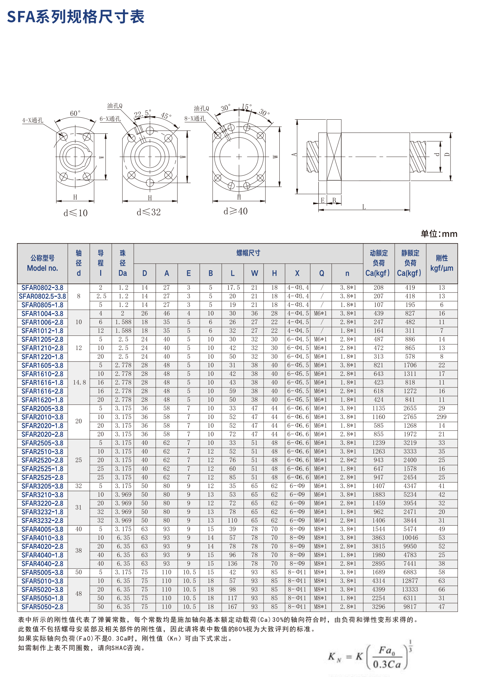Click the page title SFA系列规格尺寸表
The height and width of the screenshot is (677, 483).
pos(76,17)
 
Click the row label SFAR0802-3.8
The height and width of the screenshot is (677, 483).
pos(42,288)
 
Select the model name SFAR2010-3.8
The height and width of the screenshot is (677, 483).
pos(42,417)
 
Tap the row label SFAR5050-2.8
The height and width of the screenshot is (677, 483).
pos(42,607)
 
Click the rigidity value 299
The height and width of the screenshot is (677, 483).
pos(441,417)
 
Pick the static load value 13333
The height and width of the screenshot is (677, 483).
pos(410,590)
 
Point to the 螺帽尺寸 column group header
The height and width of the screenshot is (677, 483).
pos(248,253)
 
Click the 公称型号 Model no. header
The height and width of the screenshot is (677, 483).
pos(42,263)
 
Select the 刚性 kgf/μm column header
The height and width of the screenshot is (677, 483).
pos(441,263)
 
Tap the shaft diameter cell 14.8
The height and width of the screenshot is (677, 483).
pos(79,383)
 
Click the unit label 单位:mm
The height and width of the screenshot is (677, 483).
pos(439,234)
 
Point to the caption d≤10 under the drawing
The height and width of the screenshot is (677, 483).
pos(75,213)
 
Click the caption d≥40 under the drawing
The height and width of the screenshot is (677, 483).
pos(236,211)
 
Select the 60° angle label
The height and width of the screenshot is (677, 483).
pos(75,113)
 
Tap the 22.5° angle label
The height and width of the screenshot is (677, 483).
pos(142,114)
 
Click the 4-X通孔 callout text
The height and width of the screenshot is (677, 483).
pos(33,120)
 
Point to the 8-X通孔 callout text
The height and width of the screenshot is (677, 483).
pos(195,119)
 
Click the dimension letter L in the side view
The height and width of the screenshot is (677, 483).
pos(364,207)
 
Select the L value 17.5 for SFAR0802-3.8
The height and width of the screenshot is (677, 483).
pos(233,288)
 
